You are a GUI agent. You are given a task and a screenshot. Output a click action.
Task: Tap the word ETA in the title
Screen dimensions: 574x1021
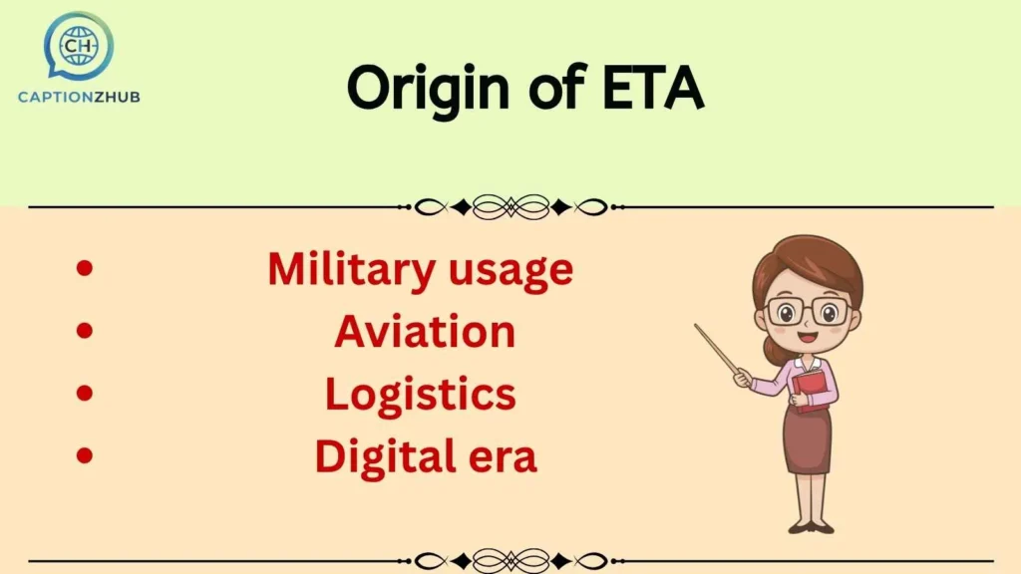[x=653, y=89]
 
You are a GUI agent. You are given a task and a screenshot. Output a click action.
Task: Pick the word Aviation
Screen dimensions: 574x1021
[x=425, y=332]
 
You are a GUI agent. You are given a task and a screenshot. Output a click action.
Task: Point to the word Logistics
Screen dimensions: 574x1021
[x=420, y=395]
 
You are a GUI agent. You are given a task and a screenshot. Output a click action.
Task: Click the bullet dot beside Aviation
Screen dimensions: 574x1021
[x=85, y=331]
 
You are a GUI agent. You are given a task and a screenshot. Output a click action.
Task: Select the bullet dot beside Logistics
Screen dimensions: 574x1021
[x=85, y=394]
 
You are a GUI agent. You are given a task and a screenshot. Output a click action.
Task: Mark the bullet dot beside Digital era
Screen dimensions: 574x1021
[x=85, y=455]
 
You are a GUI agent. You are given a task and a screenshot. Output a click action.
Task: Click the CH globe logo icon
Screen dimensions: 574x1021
[x=78, y=44]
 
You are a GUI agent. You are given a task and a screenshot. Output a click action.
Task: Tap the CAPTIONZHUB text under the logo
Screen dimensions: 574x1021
[x=79, y=97]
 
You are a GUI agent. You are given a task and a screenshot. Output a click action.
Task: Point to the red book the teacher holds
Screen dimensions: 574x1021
[x=812, y=389]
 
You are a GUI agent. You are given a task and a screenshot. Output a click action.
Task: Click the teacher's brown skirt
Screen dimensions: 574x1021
[x=807, y=438]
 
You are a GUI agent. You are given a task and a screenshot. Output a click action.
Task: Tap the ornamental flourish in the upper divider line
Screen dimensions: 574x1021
[x=510, y=207]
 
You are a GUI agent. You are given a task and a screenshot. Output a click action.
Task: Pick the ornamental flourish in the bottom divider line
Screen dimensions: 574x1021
[x=510, y=561]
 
